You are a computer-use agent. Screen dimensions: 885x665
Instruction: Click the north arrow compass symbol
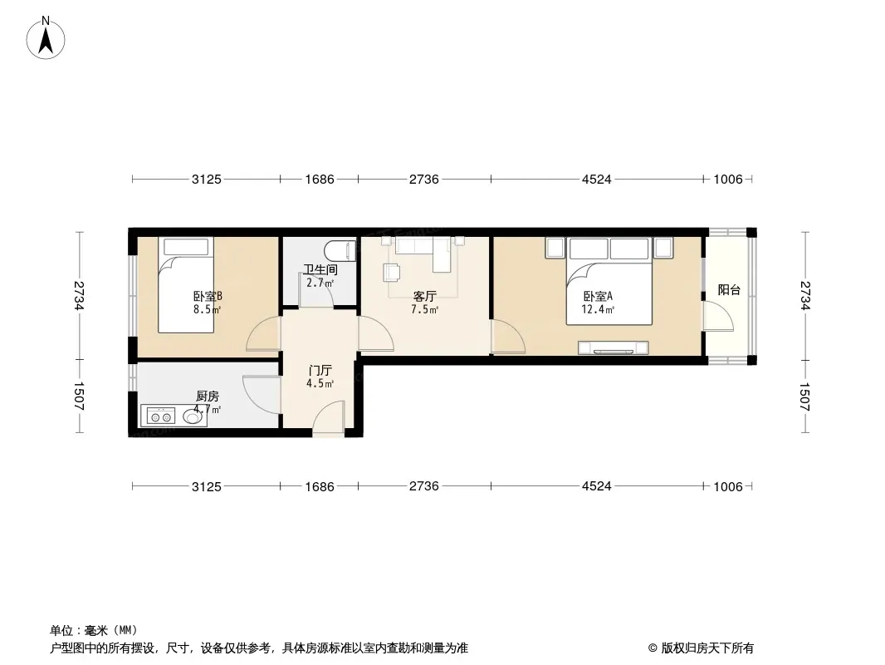pos(46,38)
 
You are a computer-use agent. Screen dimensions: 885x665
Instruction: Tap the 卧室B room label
pos(208,296)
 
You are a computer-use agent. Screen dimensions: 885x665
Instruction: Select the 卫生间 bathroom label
pos(320,270)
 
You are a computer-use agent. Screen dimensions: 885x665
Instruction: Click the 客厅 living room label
pos(424,296)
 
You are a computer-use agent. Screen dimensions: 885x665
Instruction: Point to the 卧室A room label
pos(598,296)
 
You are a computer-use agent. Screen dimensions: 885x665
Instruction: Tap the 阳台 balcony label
pos(729,290)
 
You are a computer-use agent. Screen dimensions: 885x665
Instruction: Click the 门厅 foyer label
pos(320,371)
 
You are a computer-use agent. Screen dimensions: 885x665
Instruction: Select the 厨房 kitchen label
pos(208,397)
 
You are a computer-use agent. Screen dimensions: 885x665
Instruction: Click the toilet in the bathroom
pos(340,251)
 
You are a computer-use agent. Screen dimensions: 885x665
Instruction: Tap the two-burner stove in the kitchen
pos(161,417)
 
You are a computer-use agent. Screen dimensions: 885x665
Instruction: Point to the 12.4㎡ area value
pos(598,309)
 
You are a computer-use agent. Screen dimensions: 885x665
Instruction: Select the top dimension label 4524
pos(597,179)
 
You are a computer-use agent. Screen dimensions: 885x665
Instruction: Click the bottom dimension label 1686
pos(320,486)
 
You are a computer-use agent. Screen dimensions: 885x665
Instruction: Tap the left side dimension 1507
pos(78,397)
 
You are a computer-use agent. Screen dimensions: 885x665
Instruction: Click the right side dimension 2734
pos(804,295)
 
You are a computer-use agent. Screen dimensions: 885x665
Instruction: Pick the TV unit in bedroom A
pos(613,347)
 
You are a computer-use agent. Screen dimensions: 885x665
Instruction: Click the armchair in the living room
pos(392,272)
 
